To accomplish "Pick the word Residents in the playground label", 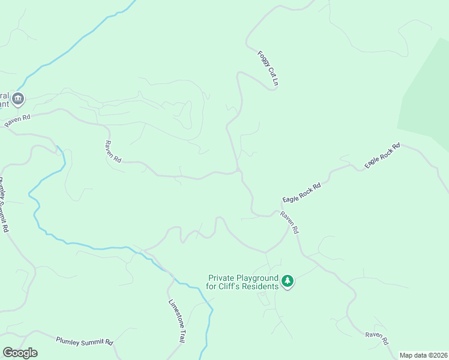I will click(x=262, y=286).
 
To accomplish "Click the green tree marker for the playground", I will click(x=288, y=280).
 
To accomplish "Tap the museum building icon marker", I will click(x=18, y=98).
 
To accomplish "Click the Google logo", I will click(x=20, y=353).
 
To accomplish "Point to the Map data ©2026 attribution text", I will click(x=423, y=355).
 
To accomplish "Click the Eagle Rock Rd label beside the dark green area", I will click(x=382, y=155).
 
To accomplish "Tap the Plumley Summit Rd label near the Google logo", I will click(x=85, y=341).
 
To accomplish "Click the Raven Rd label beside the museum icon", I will click(x=17, y=120).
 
